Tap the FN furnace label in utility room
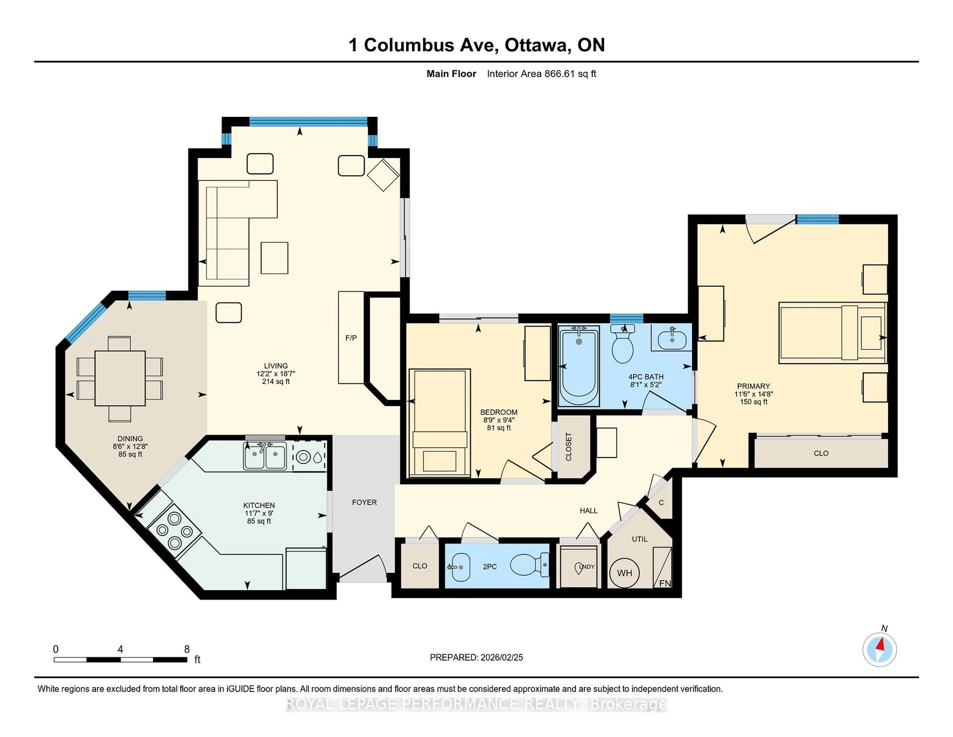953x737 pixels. pos(665,583)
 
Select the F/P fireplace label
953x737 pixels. pos(351,337)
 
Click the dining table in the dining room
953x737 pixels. pos(120,378)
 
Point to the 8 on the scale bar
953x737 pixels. pos(187,649)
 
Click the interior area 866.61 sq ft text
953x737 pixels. pos(542,74)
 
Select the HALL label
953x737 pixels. pos(588,510)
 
